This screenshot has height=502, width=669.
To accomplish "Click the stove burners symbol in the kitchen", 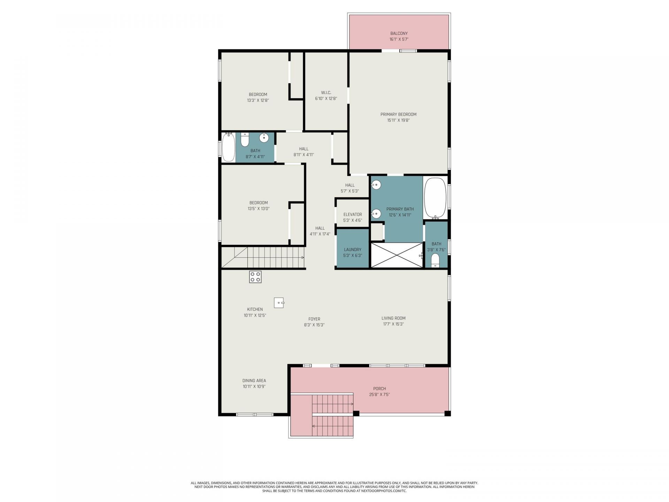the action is click(255, 277).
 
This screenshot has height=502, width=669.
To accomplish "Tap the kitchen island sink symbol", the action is click(279, 303).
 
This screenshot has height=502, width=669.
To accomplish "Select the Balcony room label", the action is click(399, 33).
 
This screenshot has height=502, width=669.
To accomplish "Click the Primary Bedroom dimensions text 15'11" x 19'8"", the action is click(398, 120).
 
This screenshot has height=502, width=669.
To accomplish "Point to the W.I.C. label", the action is click(326, 92).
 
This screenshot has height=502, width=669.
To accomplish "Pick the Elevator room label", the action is click(353, 214).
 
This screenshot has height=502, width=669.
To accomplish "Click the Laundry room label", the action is click(353, 250).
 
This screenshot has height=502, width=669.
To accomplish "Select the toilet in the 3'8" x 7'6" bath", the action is click(436, 260).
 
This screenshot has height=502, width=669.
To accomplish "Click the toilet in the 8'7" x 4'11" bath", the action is click(245, 139).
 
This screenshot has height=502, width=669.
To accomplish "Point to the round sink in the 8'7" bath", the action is click(264, 138).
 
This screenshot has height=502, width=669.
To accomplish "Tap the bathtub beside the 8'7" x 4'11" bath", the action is click(229, 147).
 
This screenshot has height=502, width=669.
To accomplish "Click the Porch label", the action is click(379, 389).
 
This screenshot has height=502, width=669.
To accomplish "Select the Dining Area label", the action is click(254, 381).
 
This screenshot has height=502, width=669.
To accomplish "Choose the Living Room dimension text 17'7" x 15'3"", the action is click(393, 324).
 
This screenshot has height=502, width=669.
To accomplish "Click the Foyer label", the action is click(314, 319).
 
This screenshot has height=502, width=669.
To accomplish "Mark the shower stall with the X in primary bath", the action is click(397, 255).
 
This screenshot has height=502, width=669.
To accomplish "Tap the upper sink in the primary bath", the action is click(376, 185).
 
